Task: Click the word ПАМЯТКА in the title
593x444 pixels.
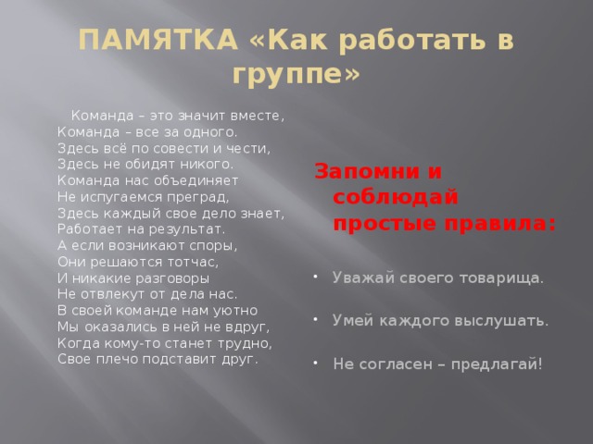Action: [x=158, y=40]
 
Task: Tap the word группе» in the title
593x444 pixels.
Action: [x=296, y=73]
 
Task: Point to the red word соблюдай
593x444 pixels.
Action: [x=396, y=196]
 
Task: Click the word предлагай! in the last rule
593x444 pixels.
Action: [x=497, y=364]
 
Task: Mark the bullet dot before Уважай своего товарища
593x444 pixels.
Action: [x=315, y=277]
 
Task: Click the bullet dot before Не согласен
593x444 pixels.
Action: [x=315, y=363]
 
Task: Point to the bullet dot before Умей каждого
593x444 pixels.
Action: [x=315, y=319]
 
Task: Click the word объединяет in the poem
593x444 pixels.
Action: [x=196, y=181]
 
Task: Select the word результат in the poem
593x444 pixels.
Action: [x=187, y=229]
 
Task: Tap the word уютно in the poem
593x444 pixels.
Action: [x=234, y=311]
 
